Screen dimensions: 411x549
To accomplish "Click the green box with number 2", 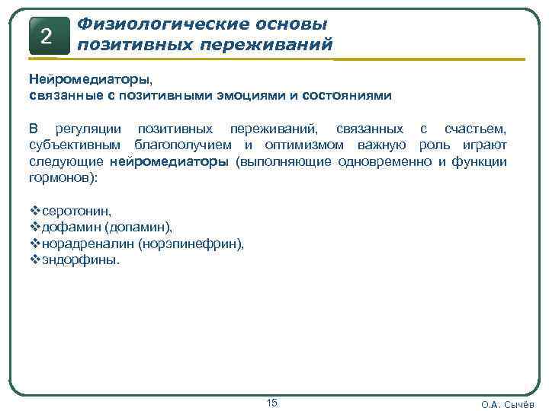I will point(47,36).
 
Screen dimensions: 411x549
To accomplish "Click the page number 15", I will point(272,402).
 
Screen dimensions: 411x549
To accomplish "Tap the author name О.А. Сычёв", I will point(508,404).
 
